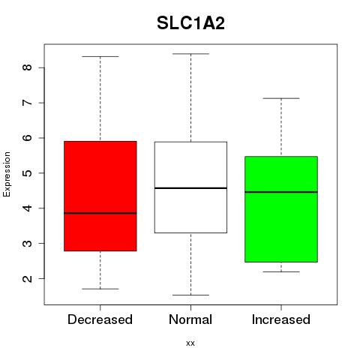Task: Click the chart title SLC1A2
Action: pos(190,23)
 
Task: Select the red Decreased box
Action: pos(100,196)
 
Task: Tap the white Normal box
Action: pos(190,187)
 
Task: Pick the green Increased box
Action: pos(281,209)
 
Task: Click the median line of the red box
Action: pos(100,213)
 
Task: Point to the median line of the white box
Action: pos(190,188)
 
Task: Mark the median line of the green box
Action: pos(281,192)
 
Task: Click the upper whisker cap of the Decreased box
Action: pos(100,56)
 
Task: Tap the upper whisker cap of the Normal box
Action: pos(190,54)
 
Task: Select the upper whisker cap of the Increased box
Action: pos(281,98)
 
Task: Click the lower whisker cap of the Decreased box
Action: pos(100,289)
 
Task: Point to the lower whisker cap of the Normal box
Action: pos(190,295)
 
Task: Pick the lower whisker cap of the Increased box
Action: pos(281,271)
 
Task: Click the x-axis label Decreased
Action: pos(100,319)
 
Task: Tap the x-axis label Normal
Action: pos(190,319)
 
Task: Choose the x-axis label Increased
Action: pos(281,319)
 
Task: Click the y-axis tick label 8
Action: pos(28,67)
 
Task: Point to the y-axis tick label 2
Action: pos(28,278)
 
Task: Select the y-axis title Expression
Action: pos(7,174)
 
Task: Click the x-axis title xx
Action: pos(190,343)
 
